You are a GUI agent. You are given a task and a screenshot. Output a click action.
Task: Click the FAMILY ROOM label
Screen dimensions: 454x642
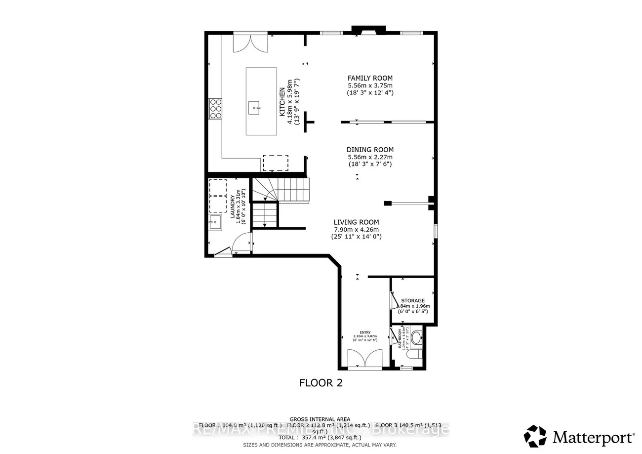click(x=370, y=78)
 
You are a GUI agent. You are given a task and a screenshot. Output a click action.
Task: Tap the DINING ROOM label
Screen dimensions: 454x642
click(x=370, y=150)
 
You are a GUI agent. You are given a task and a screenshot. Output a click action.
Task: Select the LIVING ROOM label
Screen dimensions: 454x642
click(x=356, y=222)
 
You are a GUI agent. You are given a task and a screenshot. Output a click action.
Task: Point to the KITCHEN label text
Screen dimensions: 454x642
click(x=282, y=101)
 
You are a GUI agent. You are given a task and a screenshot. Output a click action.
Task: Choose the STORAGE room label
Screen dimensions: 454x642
click(x=412, y=300)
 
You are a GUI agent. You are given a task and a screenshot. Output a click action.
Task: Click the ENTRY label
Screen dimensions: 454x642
click(x=365, y=332)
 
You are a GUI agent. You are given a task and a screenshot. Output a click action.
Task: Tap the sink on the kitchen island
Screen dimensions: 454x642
click(x=255, y=105)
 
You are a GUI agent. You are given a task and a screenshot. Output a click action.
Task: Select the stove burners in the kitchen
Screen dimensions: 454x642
click(x=216, y=108)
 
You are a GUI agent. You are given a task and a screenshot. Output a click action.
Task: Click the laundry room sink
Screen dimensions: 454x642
click(x=216, y=222)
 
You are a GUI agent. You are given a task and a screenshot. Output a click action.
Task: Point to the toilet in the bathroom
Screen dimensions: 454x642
click(x=416, y=338)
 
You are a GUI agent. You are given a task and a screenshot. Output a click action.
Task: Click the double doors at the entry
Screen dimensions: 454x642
click(x=364, y=358)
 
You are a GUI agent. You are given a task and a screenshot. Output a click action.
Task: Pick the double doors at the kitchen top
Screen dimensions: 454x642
click(x=250, y=43)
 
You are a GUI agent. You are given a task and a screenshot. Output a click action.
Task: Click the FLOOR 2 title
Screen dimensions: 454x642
click(x=321, y=382)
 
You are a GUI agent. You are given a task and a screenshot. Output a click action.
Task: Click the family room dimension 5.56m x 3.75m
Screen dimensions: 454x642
click(x=370, y=85)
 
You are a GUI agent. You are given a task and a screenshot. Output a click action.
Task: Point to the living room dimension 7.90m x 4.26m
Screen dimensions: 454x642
click(x=356, y=229)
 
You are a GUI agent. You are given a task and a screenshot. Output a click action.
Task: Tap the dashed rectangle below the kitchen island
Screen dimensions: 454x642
click(x=275, y=163)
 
